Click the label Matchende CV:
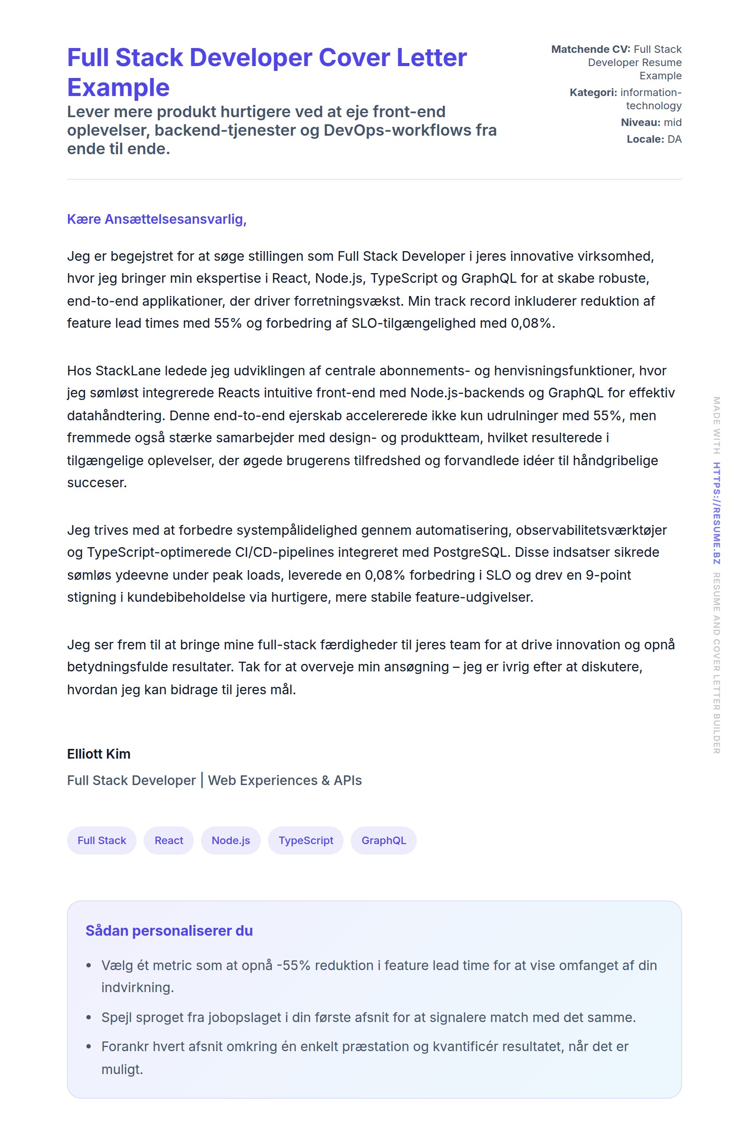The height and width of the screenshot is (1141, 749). point(590,49)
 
